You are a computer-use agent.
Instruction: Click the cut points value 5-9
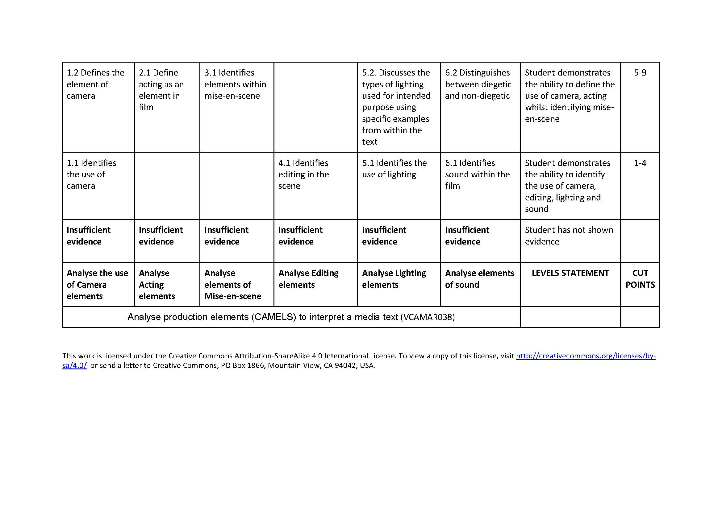pos(640,73)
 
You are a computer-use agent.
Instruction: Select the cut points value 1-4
pos(640,163)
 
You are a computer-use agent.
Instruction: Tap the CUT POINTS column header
pos(640,279)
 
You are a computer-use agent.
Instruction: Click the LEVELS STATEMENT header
pos(570,273)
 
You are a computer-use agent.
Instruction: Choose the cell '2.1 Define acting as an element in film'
pos(161,90)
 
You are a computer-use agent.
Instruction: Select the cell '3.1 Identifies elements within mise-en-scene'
pos(235,84)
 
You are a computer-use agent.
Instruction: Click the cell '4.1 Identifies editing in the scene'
pos(303,174)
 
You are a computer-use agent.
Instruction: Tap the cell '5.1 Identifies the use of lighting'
pos(394,169)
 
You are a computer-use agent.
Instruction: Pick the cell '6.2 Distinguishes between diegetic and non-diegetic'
pos(478,84)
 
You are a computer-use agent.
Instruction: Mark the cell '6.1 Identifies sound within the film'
pos(477,174)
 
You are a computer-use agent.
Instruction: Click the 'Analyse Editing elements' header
pos(308,279)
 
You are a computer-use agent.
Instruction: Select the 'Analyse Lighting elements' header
pos(394,279)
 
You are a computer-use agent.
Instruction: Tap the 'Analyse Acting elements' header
pos(156,285)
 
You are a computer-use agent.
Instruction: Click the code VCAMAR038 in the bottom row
pos(427,317)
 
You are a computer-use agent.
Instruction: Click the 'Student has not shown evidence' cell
pos(569,236)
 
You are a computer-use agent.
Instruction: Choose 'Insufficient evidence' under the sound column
pos(467,236)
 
